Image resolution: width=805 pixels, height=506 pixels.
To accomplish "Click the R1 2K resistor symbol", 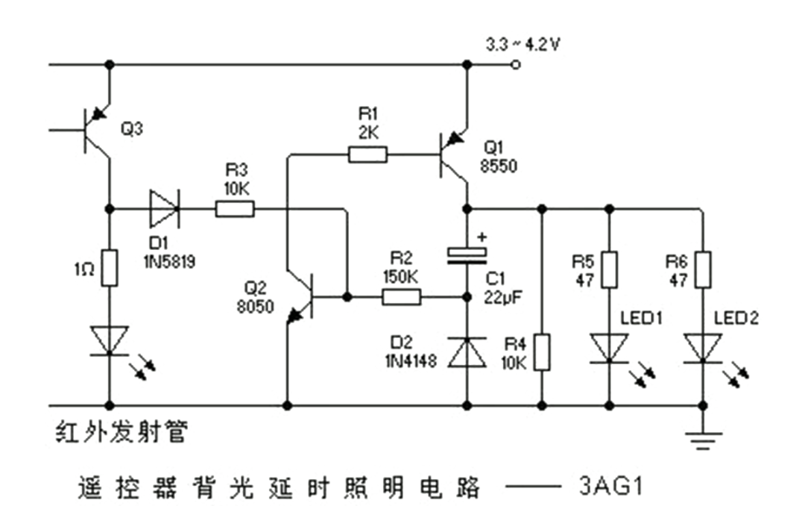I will point(367,154).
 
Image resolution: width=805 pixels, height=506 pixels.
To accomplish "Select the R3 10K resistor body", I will point(235,210).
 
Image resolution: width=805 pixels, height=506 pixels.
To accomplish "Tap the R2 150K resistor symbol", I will point(402,297).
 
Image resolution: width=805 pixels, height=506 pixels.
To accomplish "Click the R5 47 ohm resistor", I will point(610,269).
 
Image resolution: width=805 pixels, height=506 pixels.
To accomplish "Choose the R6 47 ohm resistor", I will point(702,269).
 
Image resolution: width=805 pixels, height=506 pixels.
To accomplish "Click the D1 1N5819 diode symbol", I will point(165,210).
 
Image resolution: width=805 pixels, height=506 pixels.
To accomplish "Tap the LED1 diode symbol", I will point(610,348).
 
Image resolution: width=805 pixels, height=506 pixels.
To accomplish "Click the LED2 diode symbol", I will point(702,348).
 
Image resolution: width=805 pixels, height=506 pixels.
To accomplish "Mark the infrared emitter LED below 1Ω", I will point(110,340).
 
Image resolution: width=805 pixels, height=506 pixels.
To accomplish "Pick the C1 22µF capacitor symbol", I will point(467,254).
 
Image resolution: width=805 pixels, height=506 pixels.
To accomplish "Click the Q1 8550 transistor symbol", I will point(455,155).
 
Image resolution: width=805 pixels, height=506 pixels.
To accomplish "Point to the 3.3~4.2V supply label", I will point(523,45).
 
